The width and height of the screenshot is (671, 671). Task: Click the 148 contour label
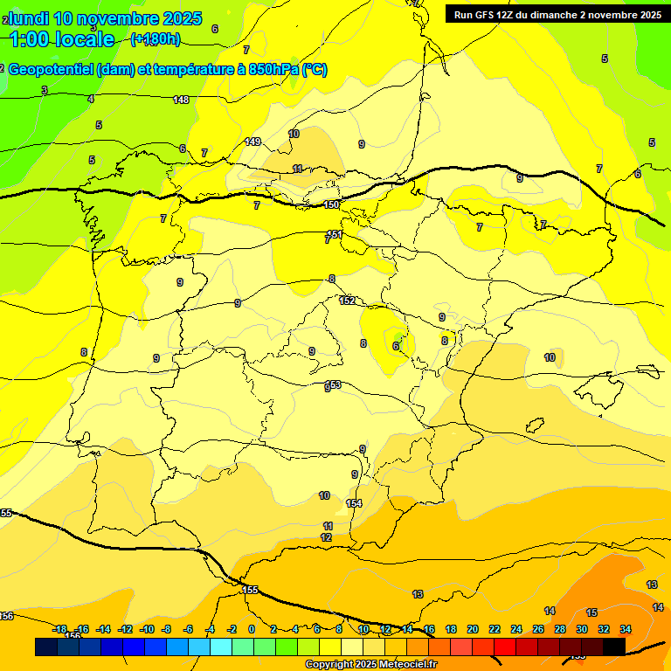click(181, 100)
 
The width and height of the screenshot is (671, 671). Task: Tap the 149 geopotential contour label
click(252, 142)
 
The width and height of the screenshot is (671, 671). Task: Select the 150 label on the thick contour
click(331, 204)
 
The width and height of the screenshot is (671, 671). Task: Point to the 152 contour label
click(347, 301)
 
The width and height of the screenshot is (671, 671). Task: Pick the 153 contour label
click(333, 384)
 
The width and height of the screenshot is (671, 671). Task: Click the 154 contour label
click(354, 503)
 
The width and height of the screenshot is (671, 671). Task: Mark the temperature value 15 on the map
click(591, 612)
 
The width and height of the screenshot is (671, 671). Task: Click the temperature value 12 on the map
click(326, 537)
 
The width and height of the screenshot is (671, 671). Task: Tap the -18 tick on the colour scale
click(59, 629)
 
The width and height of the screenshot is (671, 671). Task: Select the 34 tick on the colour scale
click(626, 629)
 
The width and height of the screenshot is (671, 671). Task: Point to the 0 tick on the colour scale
click(252, 629)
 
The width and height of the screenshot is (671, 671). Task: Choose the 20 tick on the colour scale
click(473, 629)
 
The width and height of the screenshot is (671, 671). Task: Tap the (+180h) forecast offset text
click(155, 39)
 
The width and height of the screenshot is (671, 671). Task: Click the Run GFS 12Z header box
click(556, 14)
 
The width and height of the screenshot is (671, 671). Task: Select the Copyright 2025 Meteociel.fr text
click(370, 665)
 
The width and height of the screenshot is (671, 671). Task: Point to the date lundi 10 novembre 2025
click(104, 17)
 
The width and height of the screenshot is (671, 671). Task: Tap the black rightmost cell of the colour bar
click(614, 647)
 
